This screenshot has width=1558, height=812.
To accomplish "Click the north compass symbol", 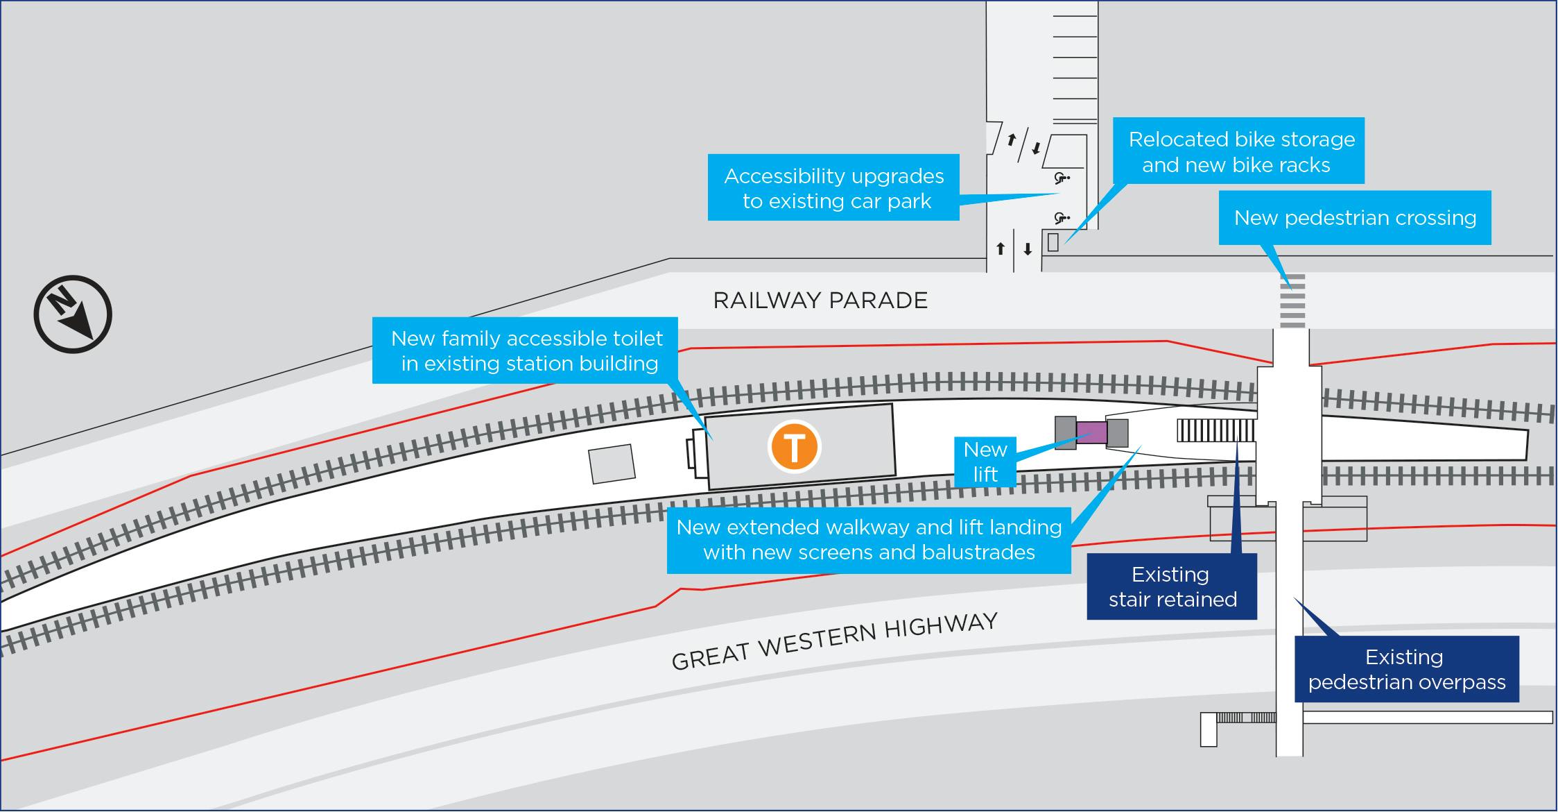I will point(73,314).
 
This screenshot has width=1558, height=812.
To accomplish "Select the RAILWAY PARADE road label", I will point(820,301).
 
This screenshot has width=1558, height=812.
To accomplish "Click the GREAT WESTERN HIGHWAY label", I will point(834,641).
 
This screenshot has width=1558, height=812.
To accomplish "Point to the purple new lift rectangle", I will point(1091,433).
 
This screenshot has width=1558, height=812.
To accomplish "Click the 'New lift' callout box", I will point(985,462).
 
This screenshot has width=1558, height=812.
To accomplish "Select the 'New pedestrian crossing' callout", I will point(1355,218).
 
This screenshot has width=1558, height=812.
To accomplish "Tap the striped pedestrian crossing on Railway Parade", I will point(1292,301).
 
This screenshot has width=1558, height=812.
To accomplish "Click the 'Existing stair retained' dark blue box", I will point(1172,586).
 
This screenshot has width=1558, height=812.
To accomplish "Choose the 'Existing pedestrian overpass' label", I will point(1407,669).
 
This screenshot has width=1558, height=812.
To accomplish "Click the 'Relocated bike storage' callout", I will point(1238,151).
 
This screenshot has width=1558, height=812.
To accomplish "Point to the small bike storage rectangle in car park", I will point(1053,242).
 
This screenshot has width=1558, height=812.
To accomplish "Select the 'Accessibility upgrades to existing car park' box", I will point(833,188).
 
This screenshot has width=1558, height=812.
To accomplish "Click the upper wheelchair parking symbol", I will point(1061,178).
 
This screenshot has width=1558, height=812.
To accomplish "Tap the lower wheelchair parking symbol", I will point(1061,219).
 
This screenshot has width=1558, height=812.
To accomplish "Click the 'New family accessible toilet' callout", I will point(526,350).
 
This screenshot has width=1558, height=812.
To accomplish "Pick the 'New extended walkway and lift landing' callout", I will point(869,540).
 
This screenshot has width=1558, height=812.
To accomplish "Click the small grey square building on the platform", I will point(612,464).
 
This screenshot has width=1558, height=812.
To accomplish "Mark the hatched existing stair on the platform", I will point(1215,431).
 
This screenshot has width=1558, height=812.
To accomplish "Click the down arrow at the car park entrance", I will point(1028,249).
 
